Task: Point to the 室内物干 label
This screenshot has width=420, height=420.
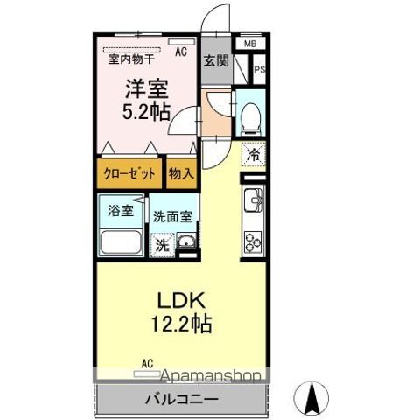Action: [131, 59]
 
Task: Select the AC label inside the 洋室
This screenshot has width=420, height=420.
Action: [181, 52]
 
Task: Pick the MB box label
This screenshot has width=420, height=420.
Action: [250, 44]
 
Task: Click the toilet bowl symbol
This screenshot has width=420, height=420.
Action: [251, 115]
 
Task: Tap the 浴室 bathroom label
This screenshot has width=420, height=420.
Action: [120, 211]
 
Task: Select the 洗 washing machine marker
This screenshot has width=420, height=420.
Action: [162, 246]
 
